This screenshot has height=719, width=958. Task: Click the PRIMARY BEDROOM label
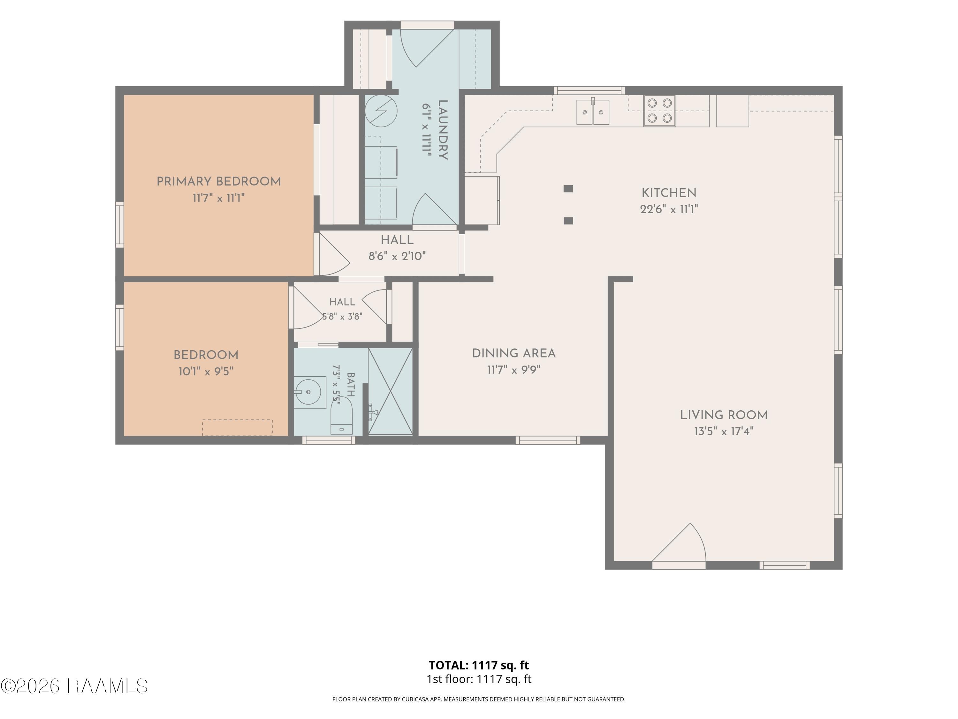point(219,182)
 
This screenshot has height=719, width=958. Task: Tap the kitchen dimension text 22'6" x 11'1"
point(669,209)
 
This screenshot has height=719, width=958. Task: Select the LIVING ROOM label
point(724,415)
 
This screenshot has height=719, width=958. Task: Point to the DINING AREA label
point(513,353)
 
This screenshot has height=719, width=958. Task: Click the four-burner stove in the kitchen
point(660,111)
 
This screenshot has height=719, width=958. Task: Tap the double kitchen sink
point(592,112)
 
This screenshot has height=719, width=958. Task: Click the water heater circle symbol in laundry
point(381,111)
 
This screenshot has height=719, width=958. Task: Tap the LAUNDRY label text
point(443,130)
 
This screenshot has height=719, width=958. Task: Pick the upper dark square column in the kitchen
point(568,189)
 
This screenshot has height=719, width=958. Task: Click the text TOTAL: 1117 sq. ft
point(479,665)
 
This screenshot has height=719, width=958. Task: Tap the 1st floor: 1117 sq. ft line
point(479,679)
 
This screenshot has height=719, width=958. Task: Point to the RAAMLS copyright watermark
point(74,686)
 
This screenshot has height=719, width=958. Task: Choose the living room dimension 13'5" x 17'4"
point(724,431)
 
